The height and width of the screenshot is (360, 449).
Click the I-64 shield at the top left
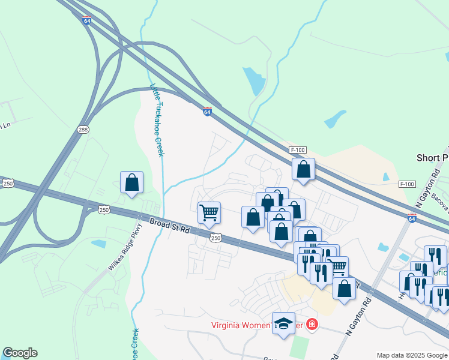click(87, 20)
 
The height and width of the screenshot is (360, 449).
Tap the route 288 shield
click(83, 129)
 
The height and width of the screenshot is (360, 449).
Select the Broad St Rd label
click(170, 226)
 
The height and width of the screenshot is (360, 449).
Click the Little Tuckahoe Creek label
click(157, 120)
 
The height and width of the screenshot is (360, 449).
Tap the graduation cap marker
click(284, 324)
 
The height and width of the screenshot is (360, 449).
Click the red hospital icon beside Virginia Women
click(312, 325)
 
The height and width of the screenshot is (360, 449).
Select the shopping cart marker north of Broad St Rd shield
click(209, 212)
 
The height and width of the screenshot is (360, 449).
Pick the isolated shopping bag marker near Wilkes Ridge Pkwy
click(132, 182)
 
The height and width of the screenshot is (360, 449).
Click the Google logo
click(20, 353)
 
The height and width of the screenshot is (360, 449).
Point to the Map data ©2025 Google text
click(412, 355)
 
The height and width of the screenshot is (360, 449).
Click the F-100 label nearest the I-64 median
click(298, 150)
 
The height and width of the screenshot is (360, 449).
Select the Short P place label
click(432, 157)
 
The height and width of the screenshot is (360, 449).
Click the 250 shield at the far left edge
click(7, 184)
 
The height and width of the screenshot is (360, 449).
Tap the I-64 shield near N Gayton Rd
click(412, 218)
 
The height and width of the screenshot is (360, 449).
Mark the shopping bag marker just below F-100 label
click(304, 170)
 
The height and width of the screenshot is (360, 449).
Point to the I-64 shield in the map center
click(206, 112)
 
